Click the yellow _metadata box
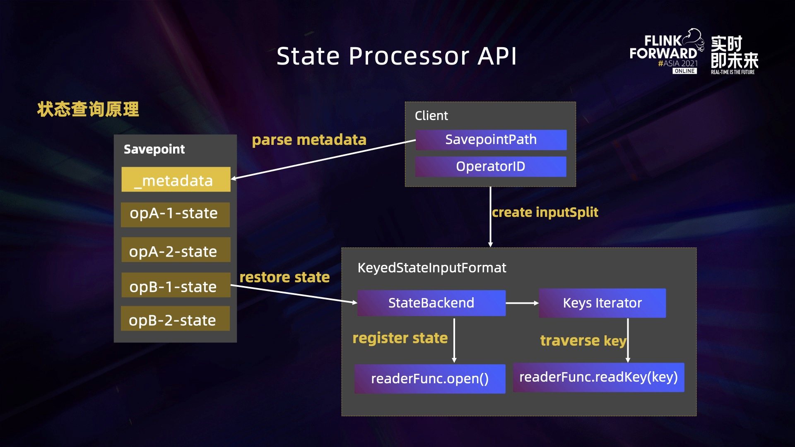pos(176,179)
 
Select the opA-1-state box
pos(176,214)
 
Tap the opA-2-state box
pos(176,250)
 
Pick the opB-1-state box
pos(176,285)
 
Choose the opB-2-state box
pos(176,318)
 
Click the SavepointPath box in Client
pos(491,140)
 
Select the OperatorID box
pos(491,166)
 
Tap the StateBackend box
pos(431,303)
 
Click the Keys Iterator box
pos(602,303)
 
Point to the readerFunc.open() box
pos(430,379)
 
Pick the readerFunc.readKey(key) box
pos(599,377)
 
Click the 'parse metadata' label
pos(309,140)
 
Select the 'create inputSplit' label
pos(545,212)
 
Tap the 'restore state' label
pos(285,277)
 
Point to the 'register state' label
pos(400,338)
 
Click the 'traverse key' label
pos(583,341)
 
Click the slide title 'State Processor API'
pos(397,56)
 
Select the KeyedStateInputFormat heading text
pos(432,268)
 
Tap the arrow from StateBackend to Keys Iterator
pos(522,303)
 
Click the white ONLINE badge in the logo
pos(684,71)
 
